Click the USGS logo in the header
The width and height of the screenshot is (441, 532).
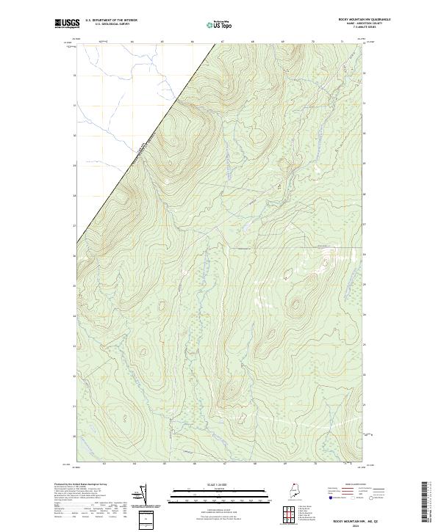[67, 23]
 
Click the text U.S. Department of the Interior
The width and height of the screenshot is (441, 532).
[111, 20]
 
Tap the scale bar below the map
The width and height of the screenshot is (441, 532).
[220, 498]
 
